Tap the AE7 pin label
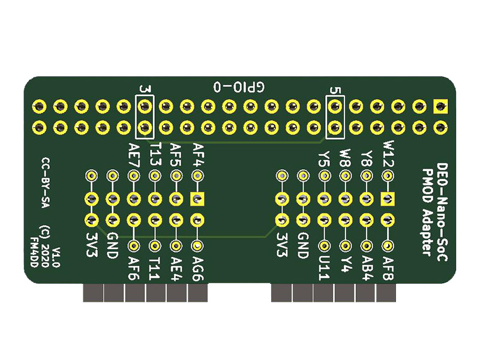(x=134, y=155)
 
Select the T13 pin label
(x=155, y=155)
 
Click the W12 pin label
(x=388, y=154)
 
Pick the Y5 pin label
(x=325, y=158)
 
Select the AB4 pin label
(x=367, y=265)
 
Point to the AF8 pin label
(x=388, y=265)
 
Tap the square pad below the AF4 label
(x=197, y=199)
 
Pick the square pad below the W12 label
(x=388, y=199)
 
